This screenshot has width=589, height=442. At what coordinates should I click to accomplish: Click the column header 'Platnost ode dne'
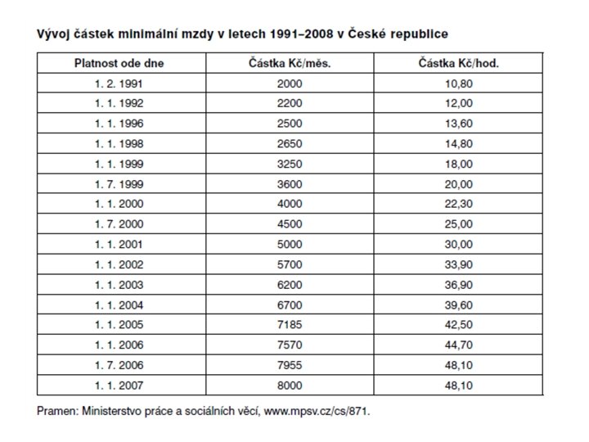pyautogui.click(x=119, y=63)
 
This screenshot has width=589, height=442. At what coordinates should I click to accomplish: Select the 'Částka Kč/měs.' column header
pyautogui.click(x=290, y=63)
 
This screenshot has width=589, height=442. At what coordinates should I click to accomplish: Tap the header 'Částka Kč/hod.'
pyautogui.click(x=459, y=63)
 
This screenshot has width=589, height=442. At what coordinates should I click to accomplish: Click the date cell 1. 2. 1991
pyautogui.click(x=119, y=83)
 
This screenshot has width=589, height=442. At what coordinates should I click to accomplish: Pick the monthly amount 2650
pyautogui.click(x=290, y=144)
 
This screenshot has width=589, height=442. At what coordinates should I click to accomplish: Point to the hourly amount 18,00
pyautogui.click(x=459, y=165)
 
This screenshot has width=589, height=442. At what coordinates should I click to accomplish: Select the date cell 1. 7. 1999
pyautogui.click(x=119, y=184)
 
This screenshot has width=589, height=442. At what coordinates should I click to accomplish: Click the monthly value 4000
pyautogui.click(x=290, y=204)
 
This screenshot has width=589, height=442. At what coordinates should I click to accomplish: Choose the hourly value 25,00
pyautogui.click(x=459, y=224)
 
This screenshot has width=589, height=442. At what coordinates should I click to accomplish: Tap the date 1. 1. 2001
pyautogui.click(x=119, y=245)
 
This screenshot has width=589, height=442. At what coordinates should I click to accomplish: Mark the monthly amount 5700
pyautogui.click(x=290, y=265)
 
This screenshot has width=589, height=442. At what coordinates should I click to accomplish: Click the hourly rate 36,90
pyautogui.click(x=459, y=285)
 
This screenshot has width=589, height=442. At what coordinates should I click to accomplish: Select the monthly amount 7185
pyautogui.click(x=290, y=325)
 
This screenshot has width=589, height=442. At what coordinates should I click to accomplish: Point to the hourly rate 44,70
pyautogui.click(x=459, y=345)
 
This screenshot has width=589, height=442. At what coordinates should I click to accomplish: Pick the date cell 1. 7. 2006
pyautogui.click(x=119, y=365)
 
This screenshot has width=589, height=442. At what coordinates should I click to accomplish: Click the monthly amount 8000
pyautogui.click(x=290, y=386)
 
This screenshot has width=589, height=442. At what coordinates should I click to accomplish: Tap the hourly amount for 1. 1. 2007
pyautogui.click(x=459, y=386)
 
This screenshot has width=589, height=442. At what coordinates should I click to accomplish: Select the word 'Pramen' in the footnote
pyautogui.click(x=58, y=411)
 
